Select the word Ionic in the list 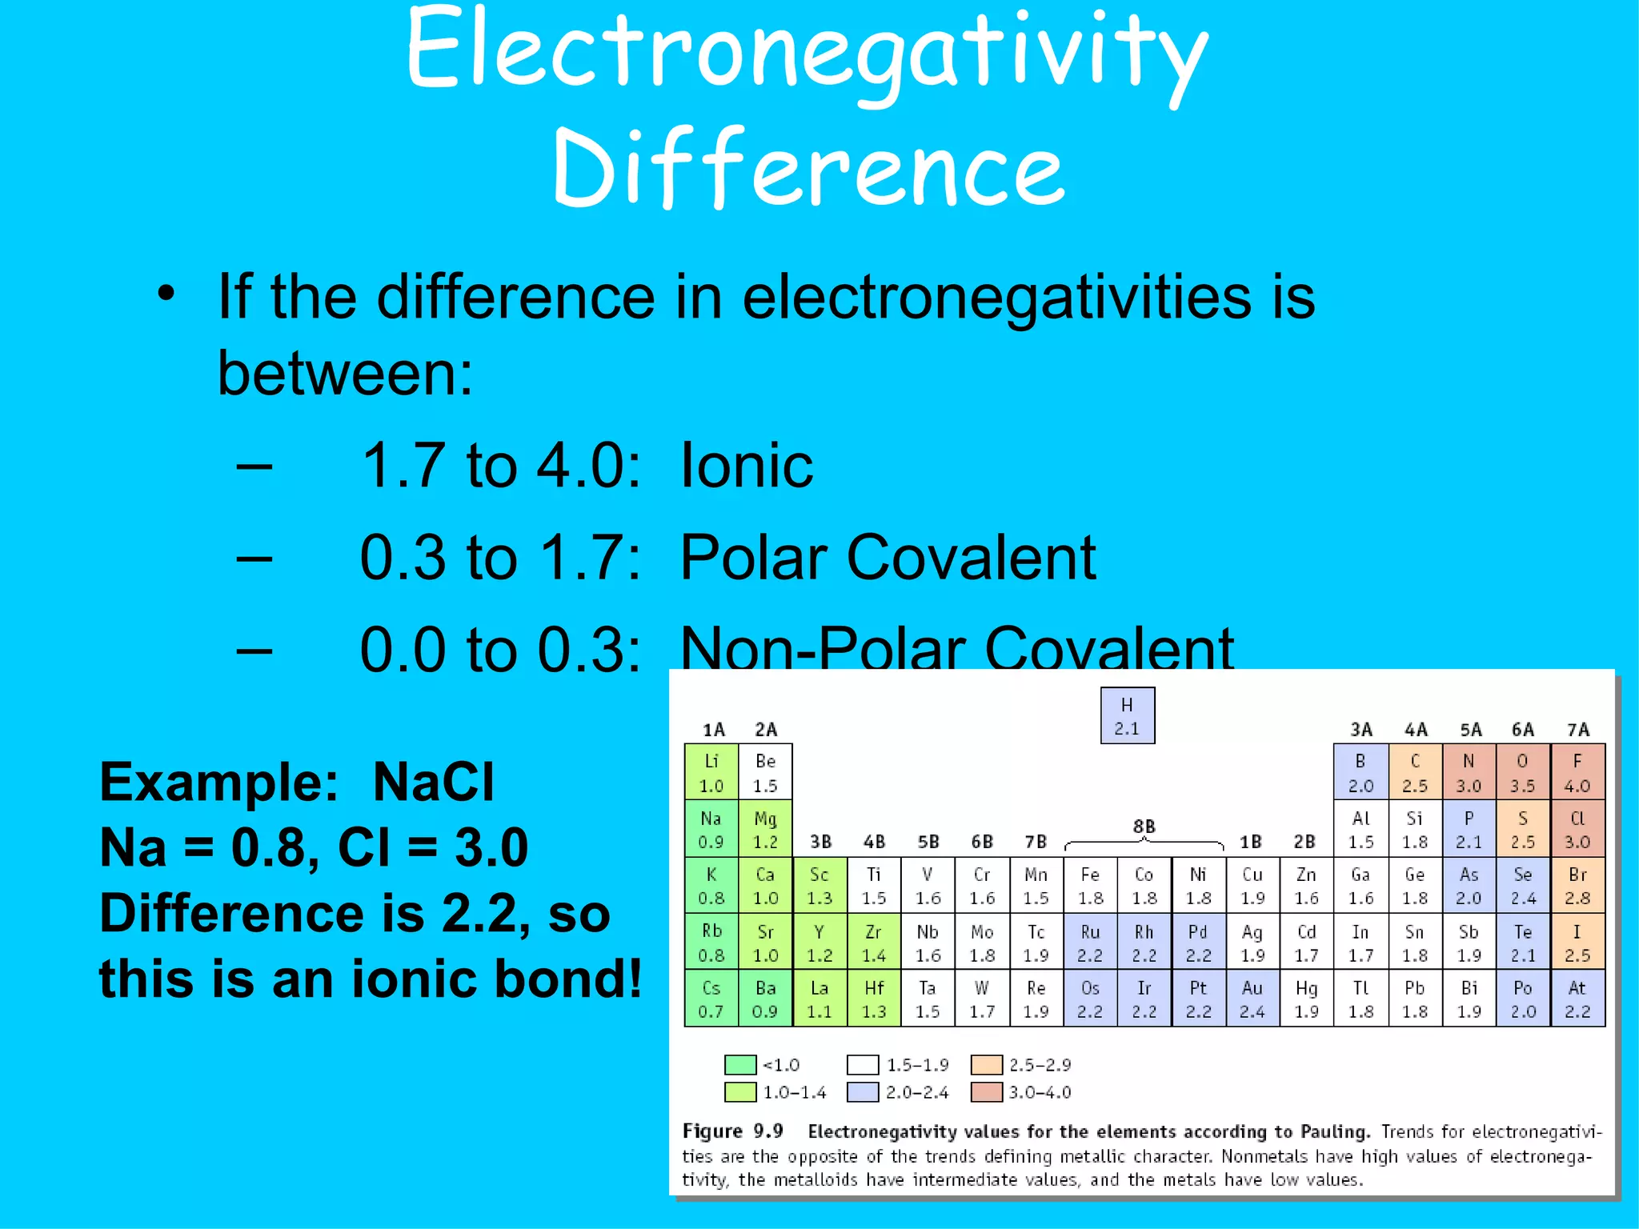[x=746, y=466]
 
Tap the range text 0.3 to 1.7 [x=500, y=558]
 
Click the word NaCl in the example [x=433, y=782]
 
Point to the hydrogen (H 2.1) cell [x=1127, y=715]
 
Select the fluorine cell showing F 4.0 [x=1577, y=772]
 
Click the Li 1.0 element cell [x=711, y=772]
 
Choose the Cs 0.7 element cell [x=711, y=999]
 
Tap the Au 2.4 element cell [x=1252, y=999]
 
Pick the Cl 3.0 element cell [x=1577, y=829]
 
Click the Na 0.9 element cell [x=711, y=829]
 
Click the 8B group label [x=1144, y=826]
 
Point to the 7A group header [x=1577, y=730]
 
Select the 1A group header [x=713, y=730]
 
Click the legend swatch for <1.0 [x=739, y=1065]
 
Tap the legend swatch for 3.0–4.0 [x=986, y=1092]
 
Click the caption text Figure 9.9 [x=732, y=1131]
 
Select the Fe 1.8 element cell [x=1090, y=886]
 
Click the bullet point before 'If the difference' [x=166, y=294]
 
